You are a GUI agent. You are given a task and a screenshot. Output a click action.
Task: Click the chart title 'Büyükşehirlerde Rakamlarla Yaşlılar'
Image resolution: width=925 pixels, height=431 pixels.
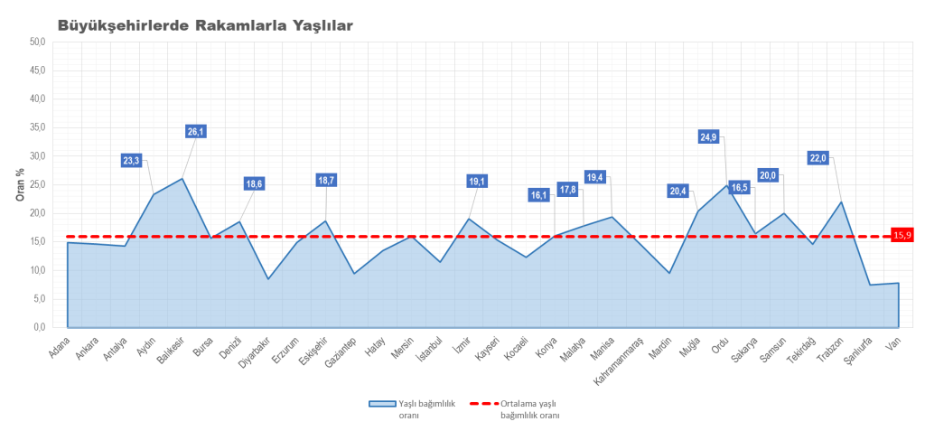click(x=205, y=25)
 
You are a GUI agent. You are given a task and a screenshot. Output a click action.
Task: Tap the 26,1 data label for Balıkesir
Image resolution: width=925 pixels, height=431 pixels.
click(x=196, y=131)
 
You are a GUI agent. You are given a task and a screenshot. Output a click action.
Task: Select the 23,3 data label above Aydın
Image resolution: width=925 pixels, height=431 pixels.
click(x=131, y=161)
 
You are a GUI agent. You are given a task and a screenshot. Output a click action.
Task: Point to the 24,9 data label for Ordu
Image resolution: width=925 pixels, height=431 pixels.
click(x=708, y=137)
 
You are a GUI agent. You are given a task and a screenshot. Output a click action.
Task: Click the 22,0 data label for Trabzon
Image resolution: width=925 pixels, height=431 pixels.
click(x=818, y=158)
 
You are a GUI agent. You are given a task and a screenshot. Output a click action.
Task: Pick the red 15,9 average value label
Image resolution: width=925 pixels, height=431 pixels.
click(x=902, y=236)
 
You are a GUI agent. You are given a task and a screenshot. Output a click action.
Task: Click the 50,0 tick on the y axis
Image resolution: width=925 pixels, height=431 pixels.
click(x=37, y=42)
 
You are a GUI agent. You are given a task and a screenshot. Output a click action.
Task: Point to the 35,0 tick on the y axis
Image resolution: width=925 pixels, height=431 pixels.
click(x=37, y=127)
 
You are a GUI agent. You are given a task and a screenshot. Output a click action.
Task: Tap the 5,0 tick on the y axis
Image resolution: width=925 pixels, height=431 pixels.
click(x=39, y=299)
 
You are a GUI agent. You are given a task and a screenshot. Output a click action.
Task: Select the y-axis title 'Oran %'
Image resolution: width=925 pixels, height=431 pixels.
click(x=20, y=184)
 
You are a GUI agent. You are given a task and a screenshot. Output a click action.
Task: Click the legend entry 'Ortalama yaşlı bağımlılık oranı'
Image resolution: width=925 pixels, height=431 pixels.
click(x=529, y=409)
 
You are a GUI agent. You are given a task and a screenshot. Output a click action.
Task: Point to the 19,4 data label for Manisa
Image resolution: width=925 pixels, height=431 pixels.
click(x=594, y=177)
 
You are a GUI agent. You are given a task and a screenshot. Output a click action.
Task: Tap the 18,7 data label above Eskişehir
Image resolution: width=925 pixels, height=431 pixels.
click(x=326, y=181)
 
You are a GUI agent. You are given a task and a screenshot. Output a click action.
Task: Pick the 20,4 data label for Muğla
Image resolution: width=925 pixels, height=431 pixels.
click(x=678, y=191)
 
